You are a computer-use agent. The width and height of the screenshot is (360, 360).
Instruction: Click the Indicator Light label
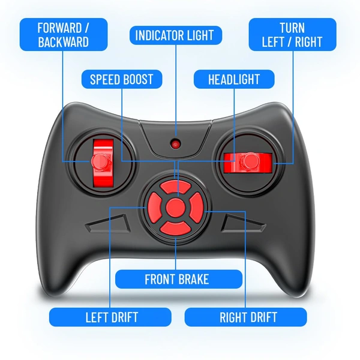coord(176,35)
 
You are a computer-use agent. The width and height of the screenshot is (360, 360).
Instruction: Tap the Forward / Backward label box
coord(64,34)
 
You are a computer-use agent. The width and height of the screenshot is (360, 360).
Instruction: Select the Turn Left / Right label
coord(293,34)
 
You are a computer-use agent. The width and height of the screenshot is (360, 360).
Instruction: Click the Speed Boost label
coord(122,79)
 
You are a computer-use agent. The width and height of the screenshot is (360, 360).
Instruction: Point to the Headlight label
coord(234,79)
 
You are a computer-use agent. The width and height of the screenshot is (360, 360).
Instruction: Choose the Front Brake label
coord(179,279)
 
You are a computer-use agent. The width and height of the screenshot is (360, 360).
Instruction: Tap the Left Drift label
coord(110,317)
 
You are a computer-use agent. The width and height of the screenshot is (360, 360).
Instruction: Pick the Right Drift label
coord(245,317)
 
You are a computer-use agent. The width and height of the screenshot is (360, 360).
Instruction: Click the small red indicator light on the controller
coord(176,144)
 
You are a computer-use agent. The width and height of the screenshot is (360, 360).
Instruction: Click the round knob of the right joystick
coord(250,161)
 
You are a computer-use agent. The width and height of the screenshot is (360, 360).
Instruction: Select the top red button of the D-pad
coord(175,187)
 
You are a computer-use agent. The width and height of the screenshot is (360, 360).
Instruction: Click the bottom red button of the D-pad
coord(175,228)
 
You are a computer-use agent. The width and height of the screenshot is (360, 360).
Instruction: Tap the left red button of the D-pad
coord(154,208)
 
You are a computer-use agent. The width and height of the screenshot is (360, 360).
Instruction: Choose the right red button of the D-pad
coord(196,208)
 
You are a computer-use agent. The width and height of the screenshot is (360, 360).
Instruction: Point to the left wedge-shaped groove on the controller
coord(109,224)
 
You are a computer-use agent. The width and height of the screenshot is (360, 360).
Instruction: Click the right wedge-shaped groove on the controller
coord(243,224)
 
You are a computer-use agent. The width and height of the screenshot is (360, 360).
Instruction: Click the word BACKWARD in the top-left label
coord(64,42)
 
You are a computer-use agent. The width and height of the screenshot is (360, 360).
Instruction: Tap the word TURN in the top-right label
coord(292,28)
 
